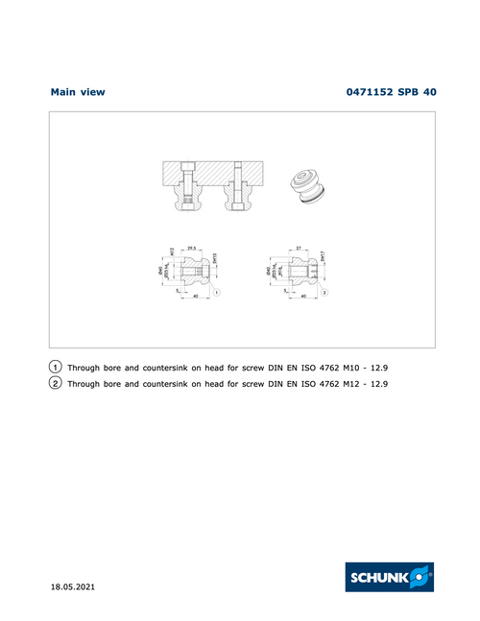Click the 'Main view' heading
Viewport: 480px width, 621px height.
point(77,92)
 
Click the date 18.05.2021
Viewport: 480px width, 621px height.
point(73,585)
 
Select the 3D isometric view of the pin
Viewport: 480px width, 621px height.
point(309,185)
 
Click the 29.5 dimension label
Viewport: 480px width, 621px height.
point(191,247)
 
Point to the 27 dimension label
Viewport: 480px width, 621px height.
point(300,247)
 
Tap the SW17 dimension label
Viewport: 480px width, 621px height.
point(324,257)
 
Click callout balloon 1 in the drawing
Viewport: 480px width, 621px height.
point(218,291)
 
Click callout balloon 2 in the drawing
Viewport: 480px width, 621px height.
point(325,291)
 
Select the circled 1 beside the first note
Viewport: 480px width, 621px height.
point(56,367)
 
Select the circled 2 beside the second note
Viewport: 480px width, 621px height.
point(56,383)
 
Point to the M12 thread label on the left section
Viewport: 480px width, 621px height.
point(172,252)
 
